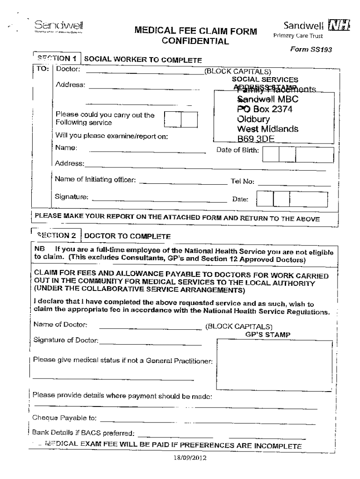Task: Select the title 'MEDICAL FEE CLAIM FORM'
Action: click(x=195, y=32)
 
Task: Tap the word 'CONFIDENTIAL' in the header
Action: click(x=195, y=42)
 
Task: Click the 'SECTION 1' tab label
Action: click(x=57, y=59)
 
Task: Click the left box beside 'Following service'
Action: click(x=173, y=120)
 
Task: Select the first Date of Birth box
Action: click(x=271, y=154)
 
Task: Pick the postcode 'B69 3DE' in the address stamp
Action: click(x=256, y=138)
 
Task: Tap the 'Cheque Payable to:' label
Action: click(x=64, y=418)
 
